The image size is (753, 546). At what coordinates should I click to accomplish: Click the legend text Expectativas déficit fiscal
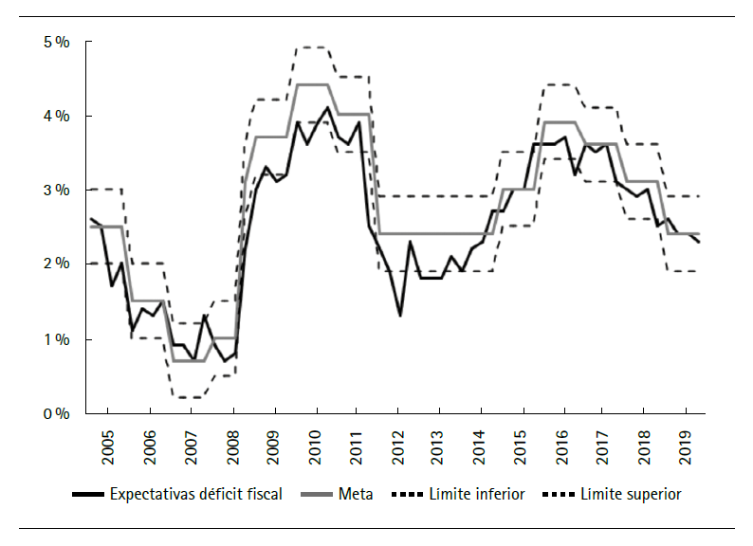point(195,494)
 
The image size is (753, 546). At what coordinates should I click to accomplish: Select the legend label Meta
point(358,494)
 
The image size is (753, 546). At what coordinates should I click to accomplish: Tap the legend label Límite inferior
point(476,494)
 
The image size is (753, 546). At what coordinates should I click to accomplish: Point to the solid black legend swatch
point(87,494)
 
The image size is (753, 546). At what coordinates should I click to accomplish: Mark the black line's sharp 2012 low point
point(400,315)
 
